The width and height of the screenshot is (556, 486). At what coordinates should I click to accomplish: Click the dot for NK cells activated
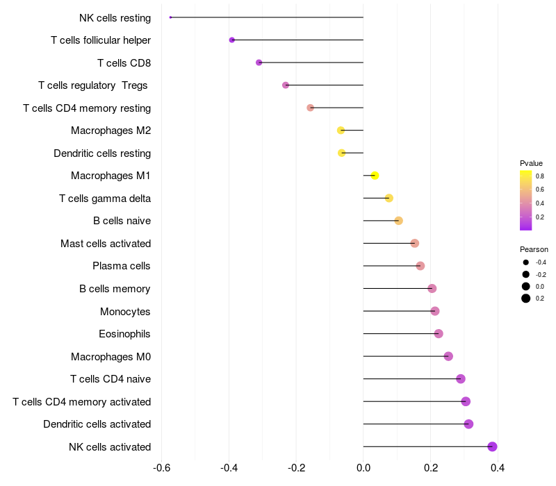coord(493,446)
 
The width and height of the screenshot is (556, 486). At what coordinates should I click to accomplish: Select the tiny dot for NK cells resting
coord(170,17)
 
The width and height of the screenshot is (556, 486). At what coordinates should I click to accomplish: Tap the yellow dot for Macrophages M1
coord(375,176)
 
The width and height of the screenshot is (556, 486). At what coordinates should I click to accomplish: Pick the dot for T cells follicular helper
coord(232,40)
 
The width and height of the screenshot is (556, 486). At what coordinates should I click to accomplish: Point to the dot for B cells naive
coord(398,221)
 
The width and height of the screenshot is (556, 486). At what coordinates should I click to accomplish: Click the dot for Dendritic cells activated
coord(468,424)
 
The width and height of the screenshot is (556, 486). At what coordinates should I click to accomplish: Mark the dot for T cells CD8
coord(259,62)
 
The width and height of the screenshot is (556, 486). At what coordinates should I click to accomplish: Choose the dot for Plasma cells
coord(420,266)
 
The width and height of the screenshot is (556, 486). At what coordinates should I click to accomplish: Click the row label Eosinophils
coord(125,334)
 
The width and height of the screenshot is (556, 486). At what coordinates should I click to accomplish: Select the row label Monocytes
coord(125,311)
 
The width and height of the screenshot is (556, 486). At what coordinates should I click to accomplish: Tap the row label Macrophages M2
coord(111,131)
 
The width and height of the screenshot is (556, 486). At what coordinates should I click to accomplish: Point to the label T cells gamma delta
coord(105,199)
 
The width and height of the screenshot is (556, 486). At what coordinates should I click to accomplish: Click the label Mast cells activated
coord(106,244)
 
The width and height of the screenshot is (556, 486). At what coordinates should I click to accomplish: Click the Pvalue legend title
coord(531,163)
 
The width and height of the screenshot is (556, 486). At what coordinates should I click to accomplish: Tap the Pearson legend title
coord(534,249)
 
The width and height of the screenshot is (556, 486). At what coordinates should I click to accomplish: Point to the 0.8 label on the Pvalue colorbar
coord(540,176)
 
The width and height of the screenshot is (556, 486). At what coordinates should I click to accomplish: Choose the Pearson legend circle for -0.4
coord(526,262)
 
